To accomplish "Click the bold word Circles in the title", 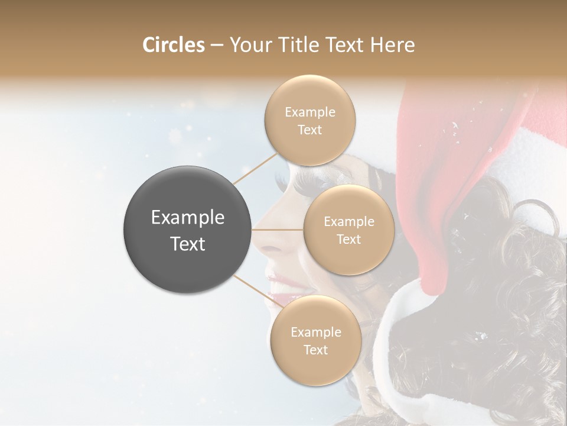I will [173, 45].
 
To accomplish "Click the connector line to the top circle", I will [255, 166].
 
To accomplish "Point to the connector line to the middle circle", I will [278, 230].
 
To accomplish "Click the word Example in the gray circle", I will [188, 218].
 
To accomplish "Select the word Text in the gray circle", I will [188, 243].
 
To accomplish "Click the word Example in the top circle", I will [310, 112].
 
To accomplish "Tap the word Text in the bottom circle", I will [315, 350].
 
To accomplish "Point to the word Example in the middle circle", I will [348, 222].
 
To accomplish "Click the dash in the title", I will [216, 45].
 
